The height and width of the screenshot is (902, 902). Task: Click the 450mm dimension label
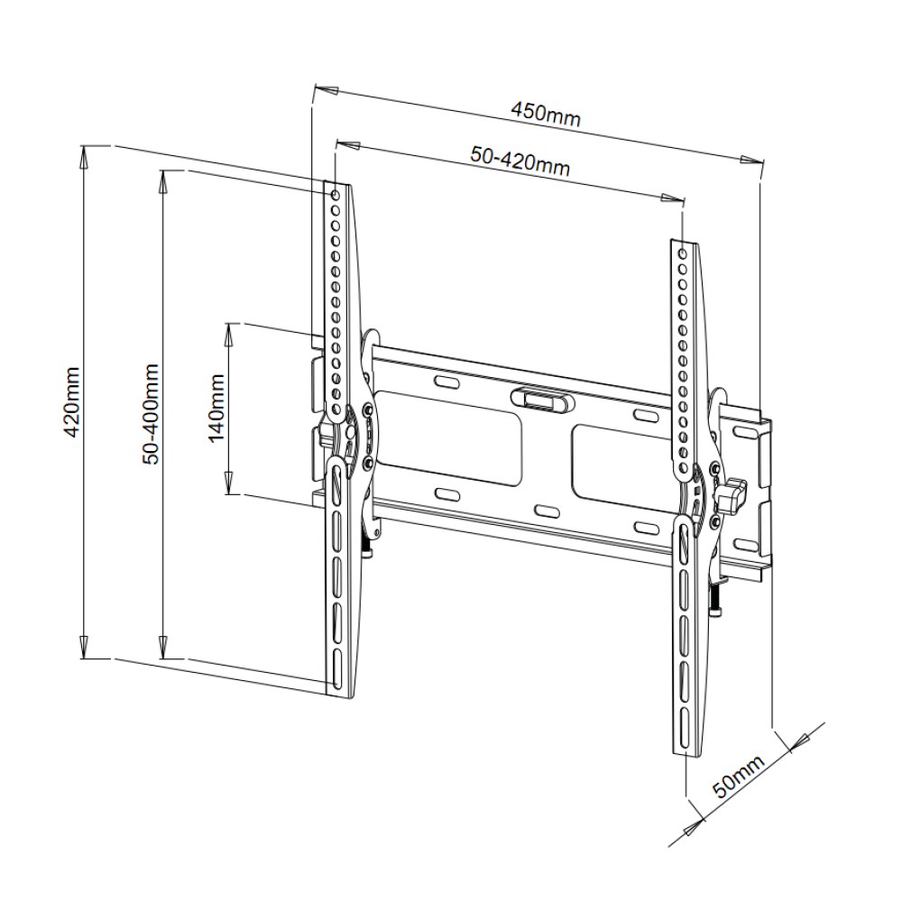coord(546,114)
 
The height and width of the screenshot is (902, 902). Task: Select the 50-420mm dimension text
coord(520,161)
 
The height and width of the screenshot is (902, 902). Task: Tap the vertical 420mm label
coord(72,401)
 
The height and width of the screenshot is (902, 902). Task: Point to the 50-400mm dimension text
coord(151,413)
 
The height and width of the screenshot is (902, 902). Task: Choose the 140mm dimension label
coord(216,408)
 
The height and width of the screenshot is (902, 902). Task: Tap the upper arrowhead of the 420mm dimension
coord(84,156)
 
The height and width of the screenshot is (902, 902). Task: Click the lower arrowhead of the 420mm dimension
coord(84,648)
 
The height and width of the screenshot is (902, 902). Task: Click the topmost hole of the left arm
coord(335,196)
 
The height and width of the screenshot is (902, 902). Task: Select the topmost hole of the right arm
coord(683,253)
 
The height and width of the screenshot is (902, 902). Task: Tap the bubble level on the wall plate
coord(541,399)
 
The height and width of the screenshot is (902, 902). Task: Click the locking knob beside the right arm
coord(730,494)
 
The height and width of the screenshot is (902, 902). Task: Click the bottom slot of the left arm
coord(337,668)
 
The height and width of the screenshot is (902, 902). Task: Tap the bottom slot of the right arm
coord(683,728)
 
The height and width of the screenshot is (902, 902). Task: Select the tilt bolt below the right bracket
coord(715,601)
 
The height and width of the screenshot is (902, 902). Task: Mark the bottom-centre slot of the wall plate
coord(548,511)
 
